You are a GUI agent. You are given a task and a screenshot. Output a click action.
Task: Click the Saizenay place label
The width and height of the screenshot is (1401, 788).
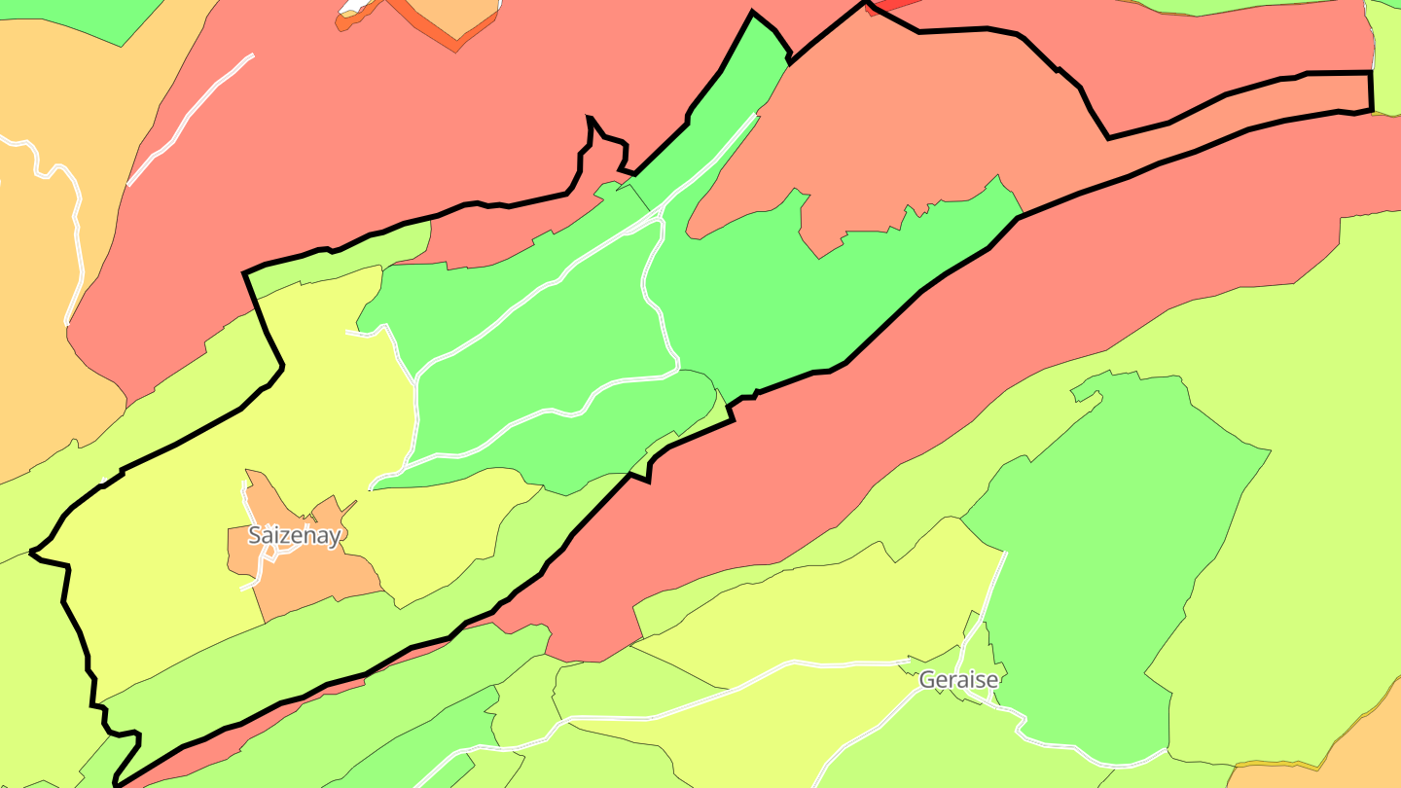[294, 535]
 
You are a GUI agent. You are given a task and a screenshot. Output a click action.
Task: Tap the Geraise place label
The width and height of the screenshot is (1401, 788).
[958, 680]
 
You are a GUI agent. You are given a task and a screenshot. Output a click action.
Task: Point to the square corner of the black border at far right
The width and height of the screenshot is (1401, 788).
[1371, 73]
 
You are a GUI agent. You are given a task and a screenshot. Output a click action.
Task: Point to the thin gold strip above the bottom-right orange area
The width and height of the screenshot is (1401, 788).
[1294, 765]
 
